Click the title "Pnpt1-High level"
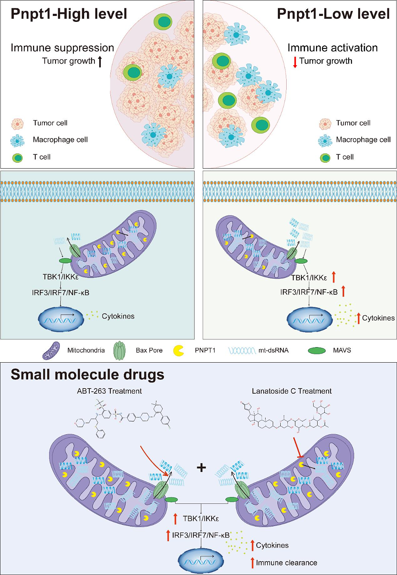[x=69, y=14]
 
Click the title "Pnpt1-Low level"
[x=333, y=14]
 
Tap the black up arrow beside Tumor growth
[x=100, y=61]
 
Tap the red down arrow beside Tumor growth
[x=295, y=62]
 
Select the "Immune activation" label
[x=332, y=48]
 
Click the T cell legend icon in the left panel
[x=17, y=157]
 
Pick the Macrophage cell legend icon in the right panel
[x=325, y=140]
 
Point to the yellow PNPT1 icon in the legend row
[x=179, y=351]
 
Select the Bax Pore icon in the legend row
[x=119, y=351]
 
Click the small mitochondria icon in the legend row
[x=51, y=351]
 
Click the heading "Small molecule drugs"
[x=87, y=375]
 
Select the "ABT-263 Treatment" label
[x=109, y=391]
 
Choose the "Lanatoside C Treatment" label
[x=292, y=391]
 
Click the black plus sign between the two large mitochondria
[x=201, y=467]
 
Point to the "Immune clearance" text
[x=286, y=563]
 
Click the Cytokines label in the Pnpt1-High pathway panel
[x=118, y=316]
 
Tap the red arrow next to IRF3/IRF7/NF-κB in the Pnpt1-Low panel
[x=343, y=291]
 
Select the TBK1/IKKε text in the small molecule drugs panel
[x=201, y=519]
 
